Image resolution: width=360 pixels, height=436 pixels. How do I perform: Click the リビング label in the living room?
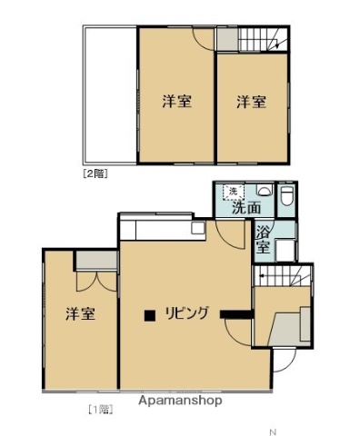(x=188, y=314)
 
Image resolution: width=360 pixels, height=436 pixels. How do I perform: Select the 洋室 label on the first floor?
(x=80, y=314)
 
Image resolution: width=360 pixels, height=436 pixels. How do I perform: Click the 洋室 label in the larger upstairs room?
(x=176, y=102)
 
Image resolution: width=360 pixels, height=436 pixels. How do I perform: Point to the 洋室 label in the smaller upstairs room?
(x=252, y=102)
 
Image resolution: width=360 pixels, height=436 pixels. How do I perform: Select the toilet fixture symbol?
(x=286, y=194)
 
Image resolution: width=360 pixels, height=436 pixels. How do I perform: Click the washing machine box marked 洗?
(x=233, y=191)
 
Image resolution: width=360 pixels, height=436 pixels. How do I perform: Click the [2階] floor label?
(x=95, y=172)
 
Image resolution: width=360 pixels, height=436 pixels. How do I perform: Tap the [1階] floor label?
(x=100, y=409)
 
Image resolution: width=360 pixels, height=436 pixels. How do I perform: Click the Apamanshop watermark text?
(x=180, y=400)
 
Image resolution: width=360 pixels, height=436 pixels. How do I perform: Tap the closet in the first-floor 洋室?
(x=95, y=260)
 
